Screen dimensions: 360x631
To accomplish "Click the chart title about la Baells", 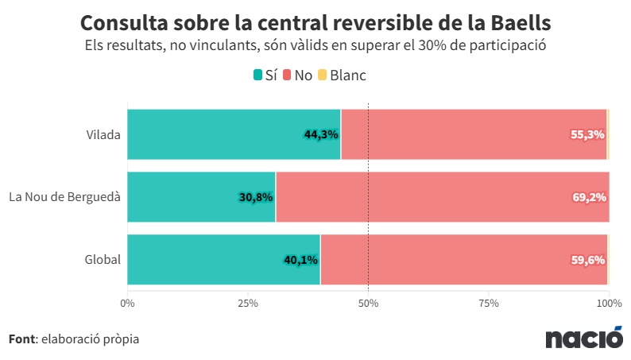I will click(x=315, y=21).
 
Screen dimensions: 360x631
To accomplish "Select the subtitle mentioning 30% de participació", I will click(x=315, y=45).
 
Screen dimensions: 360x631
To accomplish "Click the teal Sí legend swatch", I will click(x=257, y=75).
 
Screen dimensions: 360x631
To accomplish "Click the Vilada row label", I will click(x=103, y=134).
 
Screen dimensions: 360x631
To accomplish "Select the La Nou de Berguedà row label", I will click(x=64, y=196).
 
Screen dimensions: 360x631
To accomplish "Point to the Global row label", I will click(x=103, y=259).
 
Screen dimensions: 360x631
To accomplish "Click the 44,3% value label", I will click(x=321, y=134).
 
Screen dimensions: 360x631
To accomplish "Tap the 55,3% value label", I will click(x=587, y=134).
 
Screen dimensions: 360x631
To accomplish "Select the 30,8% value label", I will click(x=256, y=197).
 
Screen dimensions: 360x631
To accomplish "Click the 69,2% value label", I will click(x=589, y=197).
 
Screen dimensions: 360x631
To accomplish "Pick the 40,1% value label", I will click(x=300, y=260).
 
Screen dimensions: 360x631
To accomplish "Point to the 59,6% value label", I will click(x=588, y=260).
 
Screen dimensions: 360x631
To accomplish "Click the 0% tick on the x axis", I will click(x=127, y=303).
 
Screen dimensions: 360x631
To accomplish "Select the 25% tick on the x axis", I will click(x=248, y=303).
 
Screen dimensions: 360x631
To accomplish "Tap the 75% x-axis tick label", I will click(x=489, y=303).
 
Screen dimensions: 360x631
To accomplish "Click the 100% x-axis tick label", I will click(x=609, y=303).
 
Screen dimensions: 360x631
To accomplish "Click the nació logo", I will click(x=584, y=339).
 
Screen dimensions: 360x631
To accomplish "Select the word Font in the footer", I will click(x=21, y=339).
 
